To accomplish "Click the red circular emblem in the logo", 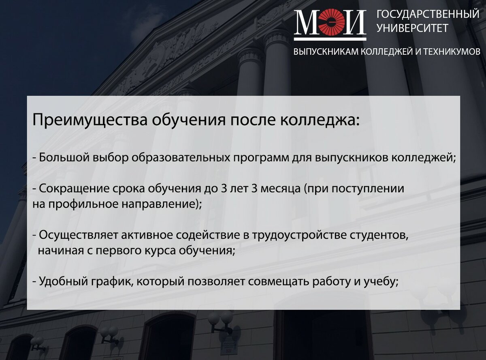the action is pyautogui.click(x=331, y=22).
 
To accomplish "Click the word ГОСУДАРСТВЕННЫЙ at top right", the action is pyautogui.click(x=428, y=15).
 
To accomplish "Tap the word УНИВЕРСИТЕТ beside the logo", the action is pyautogui.click(x=412, y=28).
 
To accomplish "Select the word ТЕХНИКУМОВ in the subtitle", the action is pyautogui.click(x=452, y=52).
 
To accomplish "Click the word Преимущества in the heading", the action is pyautogui.click(x=90, y=120).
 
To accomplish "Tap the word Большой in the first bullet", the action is pyautogui.click(x=64, y=158).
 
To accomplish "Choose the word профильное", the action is pyautogui.click(x=83, y=204).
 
